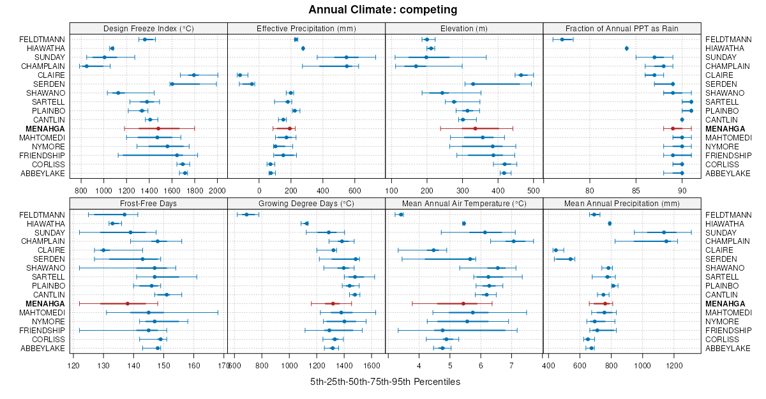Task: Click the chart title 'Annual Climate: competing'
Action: click(382, 10)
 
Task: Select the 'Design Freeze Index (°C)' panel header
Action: click(148, 28)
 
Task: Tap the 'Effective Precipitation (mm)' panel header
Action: click(306, 28)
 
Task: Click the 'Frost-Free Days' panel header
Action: click(148, 203)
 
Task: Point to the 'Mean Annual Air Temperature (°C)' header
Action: click(464, 203)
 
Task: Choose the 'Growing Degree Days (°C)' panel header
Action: click(306, 203)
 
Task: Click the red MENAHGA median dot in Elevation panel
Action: click(475, 128)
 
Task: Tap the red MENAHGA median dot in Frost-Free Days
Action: click(127, 303)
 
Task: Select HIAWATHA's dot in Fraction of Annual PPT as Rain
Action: click(627, 49)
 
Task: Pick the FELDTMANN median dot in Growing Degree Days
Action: click(246, 215)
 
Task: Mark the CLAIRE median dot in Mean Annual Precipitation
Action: click(556, 250)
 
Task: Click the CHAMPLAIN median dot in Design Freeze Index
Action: click(87, 66)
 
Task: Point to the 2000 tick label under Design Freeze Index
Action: click(217, 190)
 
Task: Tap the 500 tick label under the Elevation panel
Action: click(534, 190)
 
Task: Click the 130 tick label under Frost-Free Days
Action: click(103, 365)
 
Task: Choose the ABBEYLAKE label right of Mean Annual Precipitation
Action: click(728, 348)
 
